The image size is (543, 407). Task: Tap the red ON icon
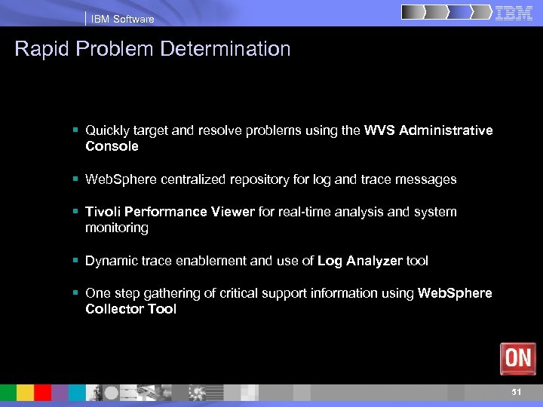pos(517,358)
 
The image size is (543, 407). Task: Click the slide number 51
pos(517,392)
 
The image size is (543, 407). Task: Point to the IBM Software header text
pos(122,19)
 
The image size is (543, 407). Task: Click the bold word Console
pos(112,146)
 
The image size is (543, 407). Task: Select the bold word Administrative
pos(446,130)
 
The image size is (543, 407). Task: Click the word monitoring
pos(117,228)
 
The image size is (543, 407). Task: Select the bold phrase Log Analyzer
pos(360,261)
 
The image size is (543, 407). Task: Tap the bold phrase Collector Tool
pos(130,309)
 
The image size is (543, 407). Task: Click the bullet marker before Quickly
pos(77,130)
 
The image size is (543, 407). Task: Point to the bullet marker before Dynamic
pos(77,261)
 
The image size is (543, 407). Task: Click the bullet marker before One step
pos(77,293)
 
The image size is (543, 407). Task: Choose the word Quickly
pos(108,130)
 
